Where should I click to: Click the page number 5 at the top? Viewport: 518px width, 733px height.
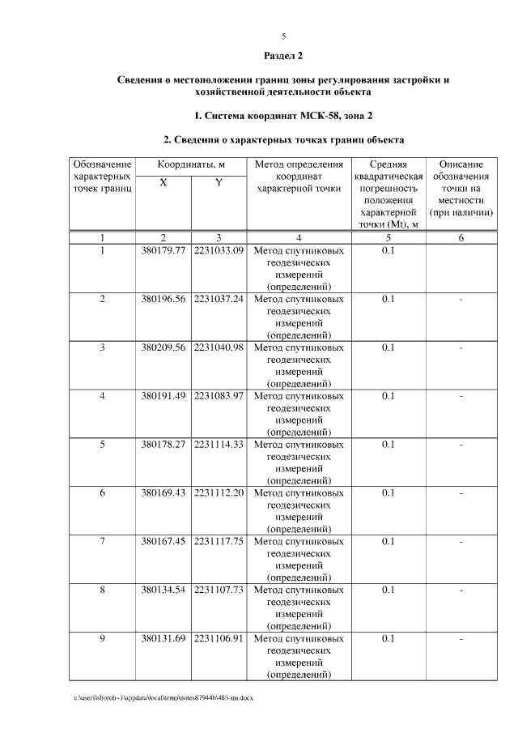[x=284, y=36]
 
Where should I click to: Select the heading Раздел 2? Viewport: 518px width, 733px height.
[x=283, y=56]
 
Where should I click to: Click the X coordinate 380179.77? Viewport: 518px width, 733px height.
[x=163, y=251]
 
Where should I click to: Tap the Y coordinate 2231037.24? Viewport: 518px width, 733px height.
[x=219, y=300]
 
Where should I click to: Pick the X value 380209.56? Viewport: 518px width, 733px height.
[x=163, y=347]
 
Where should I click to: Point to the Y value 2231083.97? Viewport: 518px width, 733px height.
[x=219, y=396]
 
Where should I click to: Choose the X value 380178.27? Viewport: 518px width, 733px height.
[x=163, y=445]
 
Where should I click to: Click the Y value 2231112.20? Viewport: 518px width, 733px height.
[x=219, y=492]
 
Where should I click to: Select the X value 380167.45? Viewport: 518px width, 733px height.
[x=163, y=541]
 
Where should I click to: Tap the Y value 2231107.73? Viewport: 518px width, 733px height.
[x=219, y=590]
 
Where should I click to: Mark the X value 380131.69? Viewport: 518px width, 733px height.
[x=163, y=638]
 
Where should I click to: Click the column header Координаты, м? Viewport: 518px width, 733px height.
[x=190, y=164]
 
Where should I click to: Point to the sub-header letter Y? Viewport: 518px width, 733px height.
[x=219, y=183]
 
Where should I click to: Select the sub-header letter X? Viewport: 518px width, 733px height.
[x=163, y=183]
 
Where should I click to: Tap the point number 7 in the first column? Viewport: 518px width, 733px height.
[x=103, y=541]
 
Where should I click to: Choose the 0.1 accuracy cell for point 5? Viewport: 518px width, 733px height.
[x=388, y=445]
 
